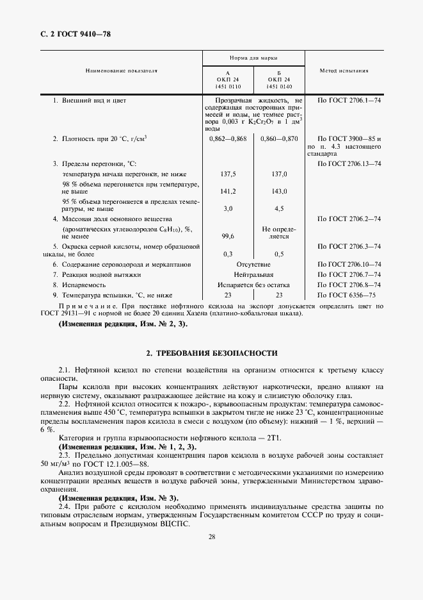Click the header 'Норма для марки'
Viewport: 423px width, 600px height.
pos(253,58)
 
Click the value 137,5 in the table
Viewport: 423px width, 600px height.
pos(228,174)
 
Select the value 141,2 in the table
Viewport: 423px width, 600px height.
pos(228,191)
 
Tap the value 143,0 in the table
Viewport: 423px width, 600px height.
pos(279,191)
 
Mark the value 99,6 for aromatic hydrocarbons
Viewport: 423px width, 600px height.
pos(228,236)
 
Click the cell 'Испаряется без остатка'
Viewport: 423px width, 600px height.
pos(253,285)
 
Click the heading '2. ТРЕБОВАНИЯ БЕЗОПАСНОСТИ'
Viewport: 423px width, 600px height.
pos(211,353)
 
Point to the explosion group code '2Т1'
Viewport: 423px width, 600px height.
pos(280,438)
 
